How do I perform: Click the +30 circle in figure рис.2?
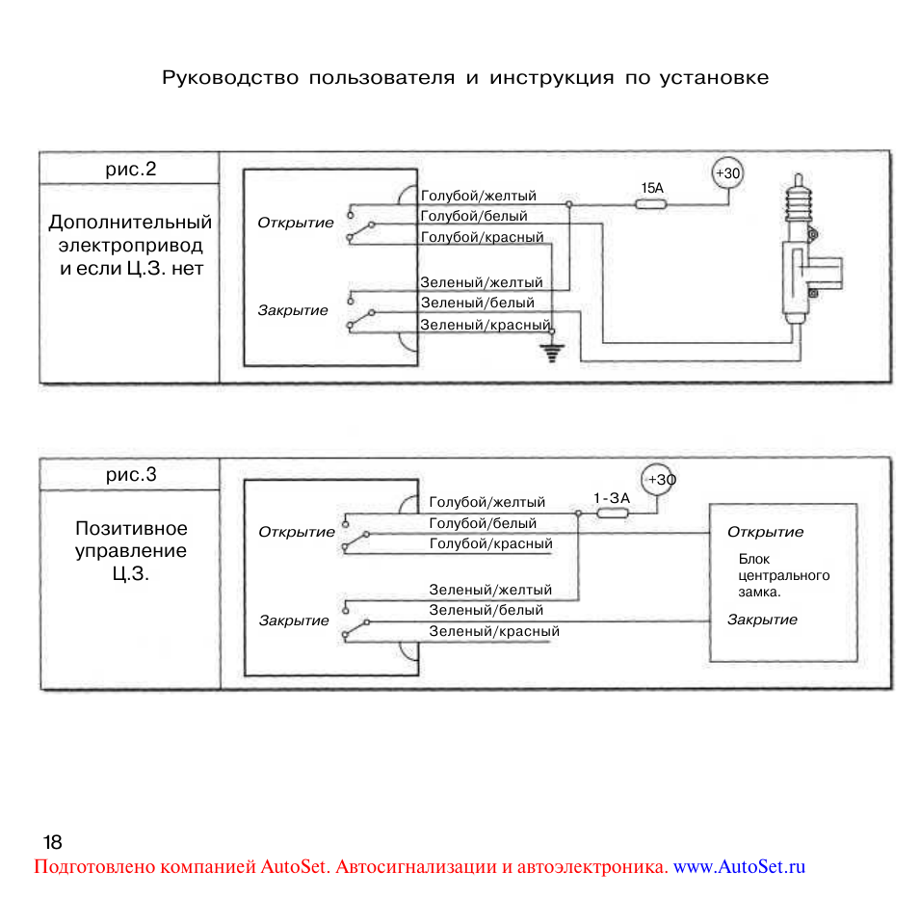tap(727, 173)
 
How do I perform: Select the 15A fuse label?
tap(653, 189)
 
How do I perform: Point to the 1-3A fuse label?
tap(611, 497)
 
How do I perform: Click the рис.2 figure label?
tap(130, 170)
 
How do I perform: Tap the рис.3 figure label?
tap(130, 474)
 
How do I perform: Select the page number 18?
tap(52, 840)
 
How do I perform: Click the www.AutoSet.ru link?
tap(739, 866)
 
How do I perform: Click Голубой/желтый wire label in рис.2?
tap(478, 197)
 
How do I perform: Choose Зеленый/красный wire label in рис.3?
tap(493, 632)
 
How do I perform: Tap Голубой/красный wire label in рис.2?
tap(482, 237)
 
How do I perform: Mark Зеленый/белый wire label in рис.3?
tap(486, 610)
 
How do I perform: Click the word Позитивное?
tap(131, 529)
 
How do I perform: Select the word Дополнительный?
tap(130, 223)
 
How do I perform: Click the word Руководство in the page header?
tap(231, 78)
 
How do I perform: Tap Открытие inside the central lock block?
tap(765, 532)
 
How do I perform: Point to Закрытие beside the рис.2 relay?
tap(292, 310)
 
